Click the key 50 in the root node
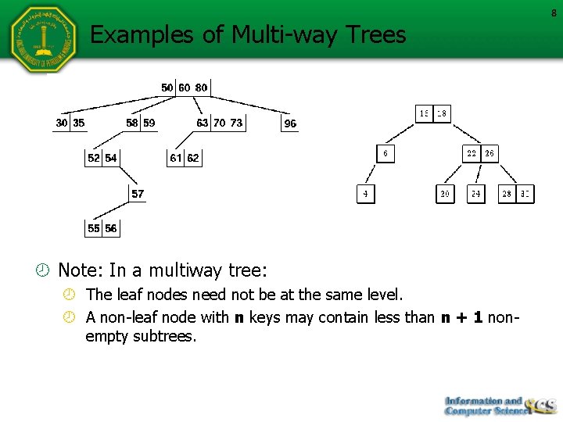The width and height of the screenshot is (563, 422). click(x=167, y=88)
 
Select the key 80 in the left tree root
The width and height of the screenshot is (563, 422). click(x=201, y=88)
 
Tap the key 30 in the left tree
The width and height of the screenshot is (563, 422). click(x=62, y=123)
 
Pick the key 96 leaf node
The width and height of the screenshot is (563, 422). click(x=290, y=123)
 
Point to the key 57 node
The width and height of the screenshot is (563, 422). click(x=138, y=193)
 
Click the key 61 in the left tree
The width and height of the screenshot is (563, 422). click(x=176, y=158)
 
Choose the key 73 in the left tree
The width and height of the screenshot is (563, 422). click(x=236, y=123)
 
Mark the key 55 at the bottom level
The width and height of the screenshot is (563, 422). click(x=94, y=228)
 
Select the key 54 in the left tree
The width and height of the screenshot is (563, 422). click(x=111, y=158)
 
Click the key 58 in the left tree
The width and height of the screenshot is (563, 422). click(x=132, y=123)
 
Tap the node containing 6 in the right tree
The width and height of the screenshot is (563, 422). click(x=385, y=154)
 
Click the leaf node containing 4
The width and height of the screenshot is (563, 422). click(x=366, y=193)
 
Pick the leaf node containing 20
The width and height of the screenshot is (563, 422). click(x=445, y=193)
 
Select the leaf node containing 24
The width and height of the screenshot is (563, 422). click(x=476, y=193)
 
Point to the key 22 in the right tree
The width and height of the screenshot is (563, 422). click(x=472, y=154)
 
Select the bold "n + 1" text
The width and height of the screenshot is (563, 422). click(x=461, y=317)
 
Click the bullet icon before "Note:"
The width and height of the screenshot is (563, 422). click(x=44, y=271)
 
